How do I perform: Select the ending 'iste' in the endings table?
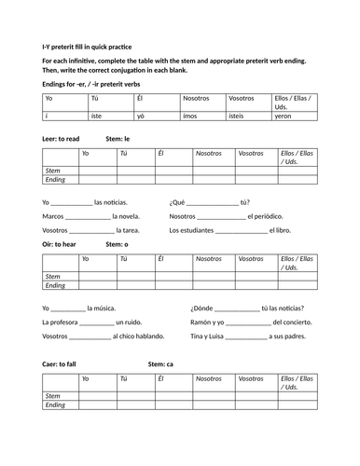pos(98,115)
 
